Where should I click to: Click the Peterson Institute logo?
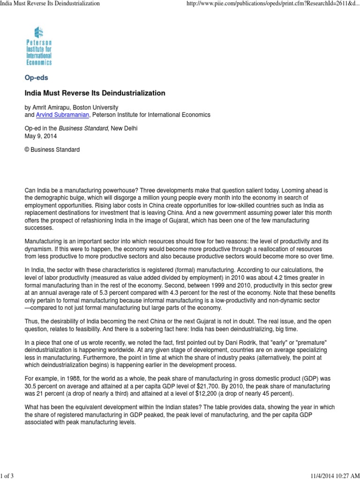click(39, 45)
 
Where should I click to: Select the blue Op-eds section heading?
click(36, 77)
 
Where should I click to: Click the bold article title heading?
click(95, 93)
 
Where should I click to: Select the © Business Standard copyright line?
click(52, 150)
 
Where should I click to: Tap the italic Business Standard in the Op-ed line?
click(85, 129)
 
